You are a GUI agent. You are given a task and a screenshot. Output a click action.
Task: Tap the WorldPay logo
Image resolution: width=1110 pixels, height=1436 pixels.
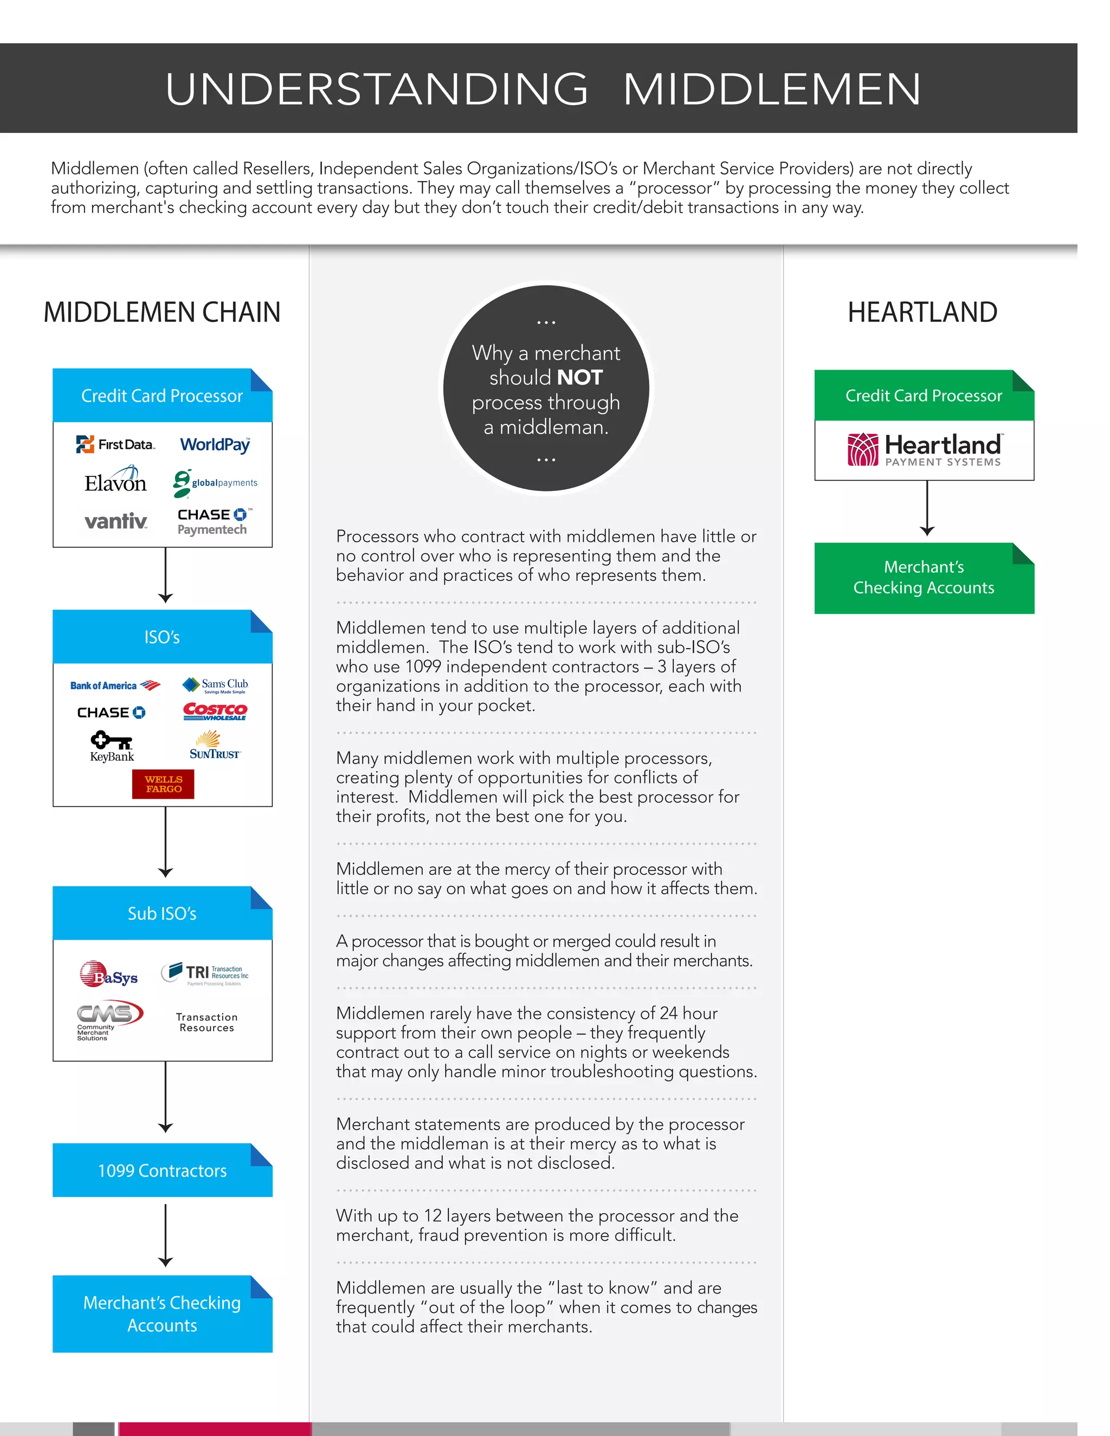(215, 445)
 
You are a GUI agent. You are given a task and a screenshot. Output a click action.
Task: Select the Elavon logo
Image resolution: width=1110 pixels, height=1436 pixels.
(115, 481)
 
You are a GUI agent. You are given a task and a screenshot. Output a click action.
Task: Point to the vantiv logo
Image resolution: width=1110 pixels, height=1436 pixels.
(116, 521)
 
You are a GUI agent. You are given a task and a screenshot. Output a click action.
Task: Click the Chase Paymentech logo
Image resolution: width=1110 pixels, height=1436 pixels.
(214, 522)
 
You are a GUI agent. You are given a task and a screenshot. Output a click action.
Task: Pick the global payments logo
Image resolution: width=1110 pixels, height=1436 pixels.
(215, 483)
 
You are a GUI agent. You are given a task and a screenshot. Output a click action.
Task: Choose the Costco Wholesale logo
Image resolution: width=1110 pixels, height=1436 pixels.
(215, 711)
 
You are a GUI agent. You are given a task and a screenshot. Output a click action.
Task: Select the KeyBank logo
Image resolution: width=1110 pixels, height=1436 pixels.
(112, 747)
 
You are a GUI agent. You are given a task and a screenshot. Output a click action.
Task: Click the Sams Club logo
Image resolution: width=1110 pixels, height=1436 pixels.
(215, 685)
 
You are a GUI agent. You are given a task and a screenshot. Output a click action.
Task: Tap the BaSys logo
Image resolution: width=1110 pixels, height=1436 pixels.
(108, 974)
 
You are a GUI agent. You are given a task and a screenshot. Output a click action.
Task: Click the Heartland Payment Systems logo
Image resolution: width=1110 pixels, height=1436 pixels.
(924, 450)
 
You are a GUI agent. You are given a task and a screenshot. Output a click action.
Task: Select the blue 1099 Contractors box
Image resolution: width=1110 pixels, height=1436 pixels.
(163, 1171)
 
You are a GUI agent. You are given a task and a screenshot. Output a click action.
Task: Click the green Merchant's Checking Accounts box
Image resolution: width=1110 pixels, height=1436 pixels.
(924, 578)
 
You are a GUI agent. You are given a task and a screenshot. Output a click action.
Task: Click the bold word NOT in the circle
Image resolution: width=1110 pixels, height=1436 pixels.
(579, 377)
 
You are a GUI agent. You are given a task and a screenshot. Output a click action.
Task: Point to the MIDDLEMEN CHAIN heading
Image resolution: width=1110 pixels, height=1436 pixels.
(162, 312)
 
